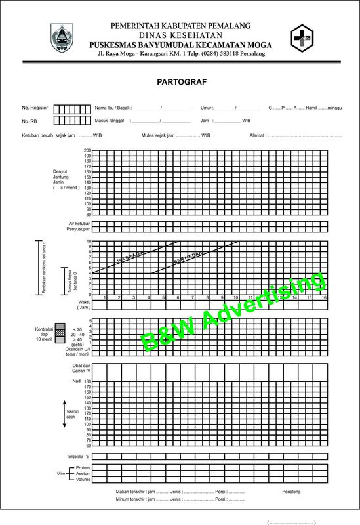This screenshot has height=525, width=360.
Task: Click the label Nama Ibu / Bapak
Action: pos(113,108)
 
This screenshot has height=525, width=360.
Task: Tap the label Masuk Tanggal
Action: pos(111,121)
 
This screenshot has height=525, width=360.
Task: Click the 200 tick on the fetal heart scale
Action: pos(88,150)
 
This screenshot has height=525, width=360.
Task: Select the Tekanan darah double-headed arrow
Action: pos(64,413)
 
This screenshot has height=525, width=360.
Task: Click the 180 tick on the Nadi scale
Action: pos(88,387)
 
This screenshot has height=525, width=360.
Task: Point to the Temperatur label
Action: pos(75,456)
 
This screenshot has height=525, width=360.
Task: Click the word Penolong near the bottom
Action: pos(292,490)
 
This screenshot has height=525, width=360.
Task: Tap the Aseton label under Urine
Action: pos(83,473)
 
